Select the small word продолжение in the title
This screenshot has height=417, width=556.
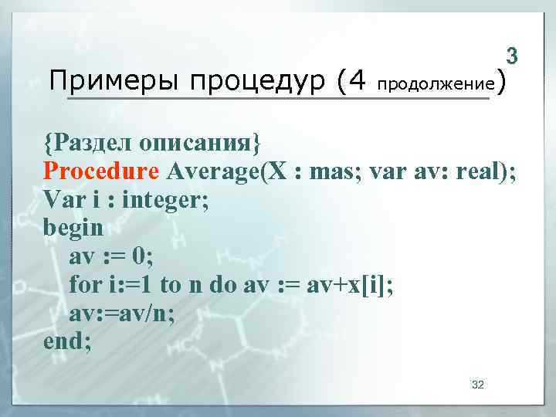pos(436,83)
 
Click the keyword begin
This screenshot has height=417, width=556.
pos(73,228)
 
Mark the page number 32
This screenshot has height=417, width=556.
pos(477,384)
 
